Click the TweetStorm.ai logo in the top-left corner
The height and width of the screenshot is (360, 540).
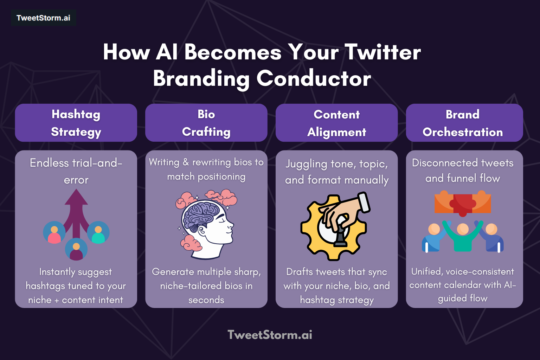(x=43, y=18)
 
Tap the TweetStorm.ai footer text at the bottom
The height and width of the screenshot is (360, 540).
(x=270, y=335)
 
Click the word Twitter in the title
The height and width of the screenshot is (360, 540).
(x=382, y=52)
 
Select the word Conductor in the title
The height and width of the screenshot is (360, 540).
(x=314, y=78)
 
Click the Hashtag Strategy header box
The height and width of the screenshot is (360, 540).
(x=76, y=123)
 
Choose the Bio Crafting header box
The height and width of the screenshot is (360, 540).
(x=206, y=123)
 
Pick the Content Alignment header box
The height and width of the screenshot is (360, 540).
(x=336, y=123)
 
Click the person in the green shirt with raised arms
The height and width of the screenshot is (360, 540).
(x=463, y=236)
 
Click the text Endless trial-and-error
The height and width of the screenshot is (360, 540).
(x=76, y=171)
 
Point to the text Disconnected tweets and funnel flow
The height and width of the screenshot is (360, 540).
(x=463, y=171)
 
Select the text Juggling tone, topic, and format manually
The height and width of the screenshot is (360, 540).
(x=336, y=172)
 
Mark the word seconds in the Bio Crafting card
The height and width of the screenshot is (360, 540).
(x=206, y=300)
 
